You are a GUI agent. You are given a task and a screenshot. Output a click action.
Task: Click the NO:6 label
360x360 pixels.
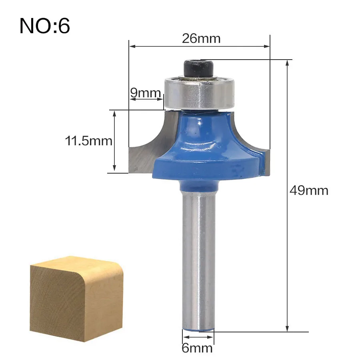pos(44,26)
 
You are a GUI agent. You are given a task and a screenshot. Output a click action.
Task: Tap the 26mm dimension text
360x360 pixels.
pos(201,38)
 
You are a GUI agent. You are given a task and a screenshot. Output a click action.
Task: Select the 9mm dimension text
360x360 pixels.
pos(145,92)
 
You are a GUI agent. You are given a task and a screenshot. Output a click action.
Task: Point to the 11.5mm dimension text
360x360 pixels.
pos(89,141)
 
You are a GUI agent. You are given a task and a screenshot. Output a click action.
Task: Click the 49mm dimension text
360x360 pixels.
pos(309,190)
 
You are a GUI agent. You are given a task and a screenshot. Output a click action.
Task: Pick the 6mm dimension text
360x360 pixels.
pos(197,348)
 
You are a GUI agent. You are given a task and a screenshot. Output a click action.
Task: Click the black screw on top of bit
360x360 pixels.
pos(199,68)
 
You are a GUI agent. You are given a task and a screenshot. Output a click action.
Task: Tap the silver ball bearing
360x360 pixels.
pos(199,93)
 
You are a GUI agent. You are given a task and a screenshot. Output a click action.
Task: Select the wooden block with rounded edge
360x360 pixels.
pos(76,299)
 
